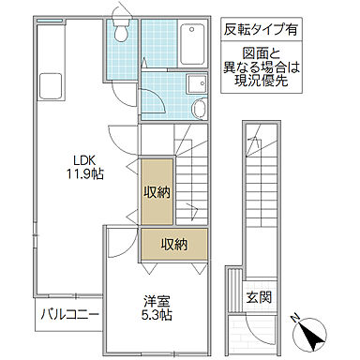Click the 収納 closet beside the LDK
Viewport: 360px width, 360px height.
pyautogui.click(x=156, y=194)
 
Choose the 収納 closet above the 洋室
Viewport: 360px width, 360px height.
pyautogui.click(x=174, y=245)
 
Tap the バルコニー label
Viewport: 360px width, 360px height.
pyautogui.click(x=68, y=312)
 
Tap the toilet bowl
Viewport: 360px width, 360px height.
pyautogui.click(x=119, y=33)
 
